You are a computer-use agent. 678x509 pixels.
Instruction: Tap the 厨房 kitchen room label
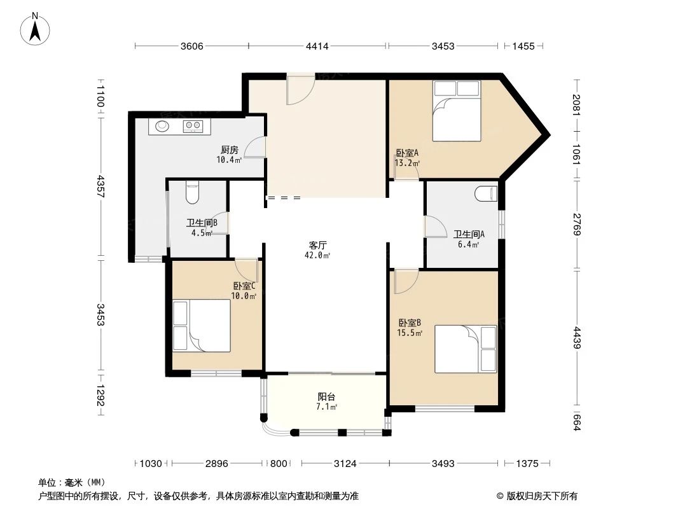click(229, 150)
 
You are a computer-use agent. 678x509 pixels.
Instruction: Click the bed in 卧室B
click(465, 349)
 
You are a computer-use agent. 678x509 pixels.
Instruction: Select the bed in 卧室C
click(202, 326)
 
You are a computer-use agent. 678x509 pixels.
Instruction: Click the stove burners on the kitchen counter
click(193, 127)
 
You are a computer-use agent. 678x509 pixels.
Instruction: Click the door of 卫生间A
click(434, 227)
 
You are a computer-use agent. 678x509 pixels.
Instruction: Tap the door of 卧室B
click(405, 281)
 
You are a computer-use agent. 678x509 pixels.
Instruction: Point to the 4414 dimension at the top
click(317, 46)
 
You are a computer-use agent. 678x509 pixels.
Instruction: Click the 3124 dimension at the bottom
click(345, 463)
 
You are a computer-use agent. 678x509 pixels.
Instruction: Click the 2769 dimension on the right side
click(577, 225)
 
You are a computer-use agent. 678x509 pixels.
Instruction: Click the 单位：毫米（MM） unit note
click(71, 482)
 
